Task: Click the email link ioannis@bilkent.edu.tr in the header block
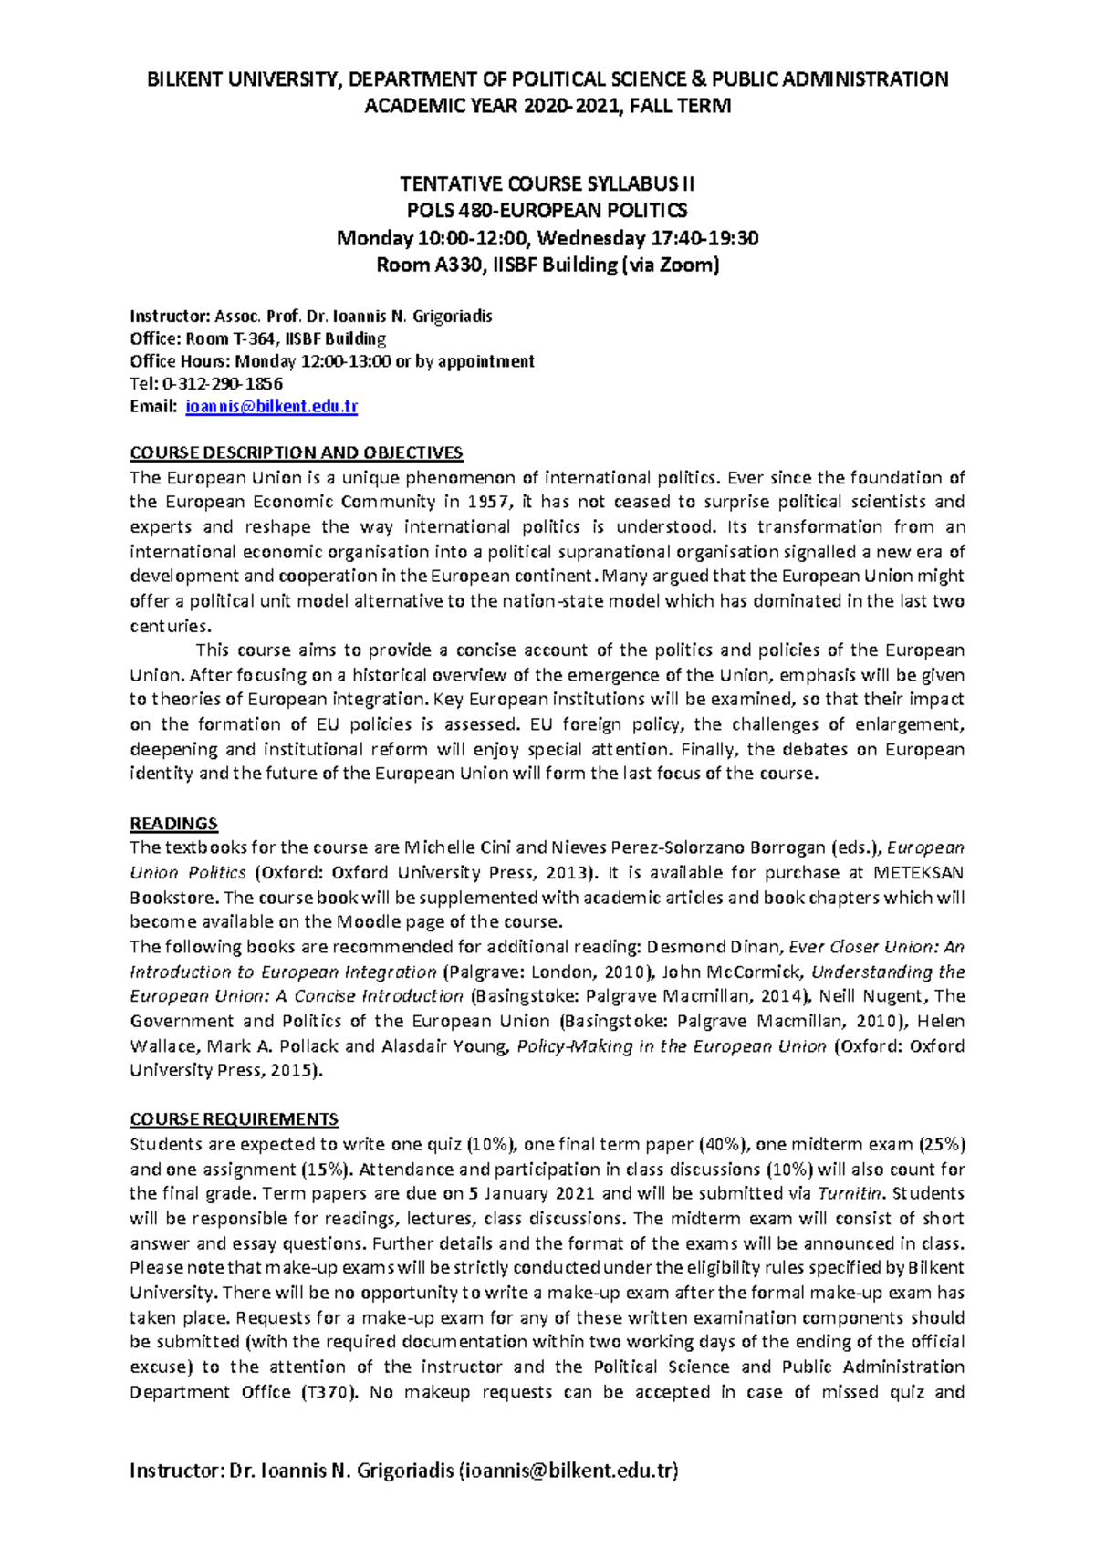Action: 271,407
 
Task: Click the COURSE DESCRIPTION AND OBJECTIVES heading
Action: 297,452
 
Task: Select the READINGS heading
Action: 173,824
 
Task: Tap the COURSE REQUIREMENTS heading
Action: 234,1119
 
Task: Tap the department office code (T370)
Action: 328,1392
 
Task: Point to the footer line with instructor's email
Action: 404,1471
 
